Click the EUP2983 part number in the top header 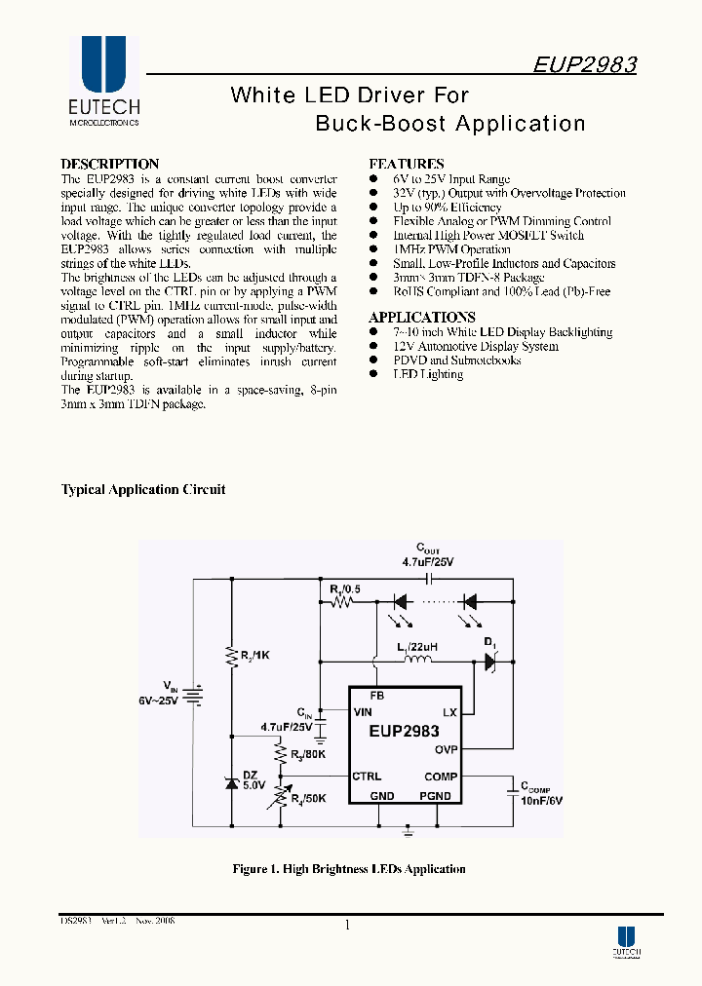tap(585, 65)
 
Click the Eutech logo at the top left tap(103, 82)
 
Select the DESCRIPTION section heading tap(109, 165)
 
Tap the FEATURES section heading tap(406, 165)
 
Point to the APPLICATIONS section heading tap(421, 318)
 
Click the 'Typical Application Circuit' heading tap(143, 490)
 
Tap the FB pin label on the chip tap(376, 696)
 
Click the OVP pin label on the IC tap(446, 749)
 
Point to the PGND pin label tap(435, 796)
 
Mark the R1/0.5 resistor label tap(344, 589)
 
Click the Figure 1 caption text tap(348, 869)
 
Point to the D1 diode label tap(490, 643)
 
